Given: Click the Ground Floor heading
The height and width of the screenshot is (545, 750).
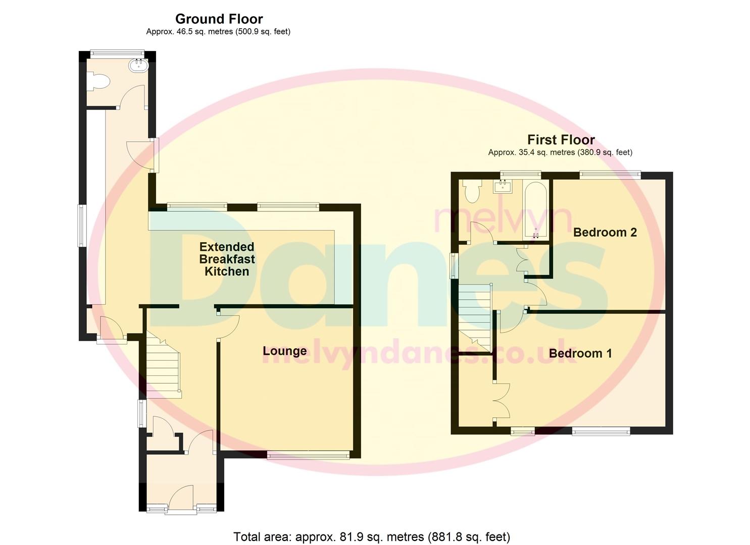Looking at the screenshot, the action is tap(219, 19).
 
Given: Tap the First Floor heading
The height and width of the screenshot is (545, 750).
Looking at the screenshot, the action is tap(561, 139).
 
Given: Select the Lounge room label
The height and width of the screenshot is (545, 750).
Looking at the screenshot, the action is tap(285, 351).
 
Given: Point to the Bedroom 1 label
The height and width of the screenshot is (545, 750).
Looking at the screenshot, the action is tap(580, 353).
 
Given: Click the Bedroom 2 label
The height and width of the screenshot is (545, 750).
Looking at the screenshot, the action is tap(605, 232).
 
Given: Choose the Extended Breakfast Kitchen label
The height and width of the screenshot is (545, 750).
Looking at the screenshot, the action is tap(227, 259).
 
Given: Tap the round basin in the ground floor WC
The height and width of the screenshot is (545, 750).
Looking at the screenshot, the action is tap(138, 65).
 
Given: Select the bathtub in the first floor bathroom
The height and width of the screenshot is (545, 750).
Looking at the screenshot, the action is tap(536, 210).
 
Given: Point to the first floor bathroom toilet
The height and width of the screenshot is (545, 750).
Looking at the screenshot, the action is tap(472, 191).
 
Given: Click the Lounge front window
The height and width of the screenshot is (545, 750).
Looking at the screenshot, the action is tap(308, 455).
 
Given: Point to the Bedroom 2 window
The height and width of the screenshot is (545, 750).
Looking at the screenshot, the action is tap(610, 174).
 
